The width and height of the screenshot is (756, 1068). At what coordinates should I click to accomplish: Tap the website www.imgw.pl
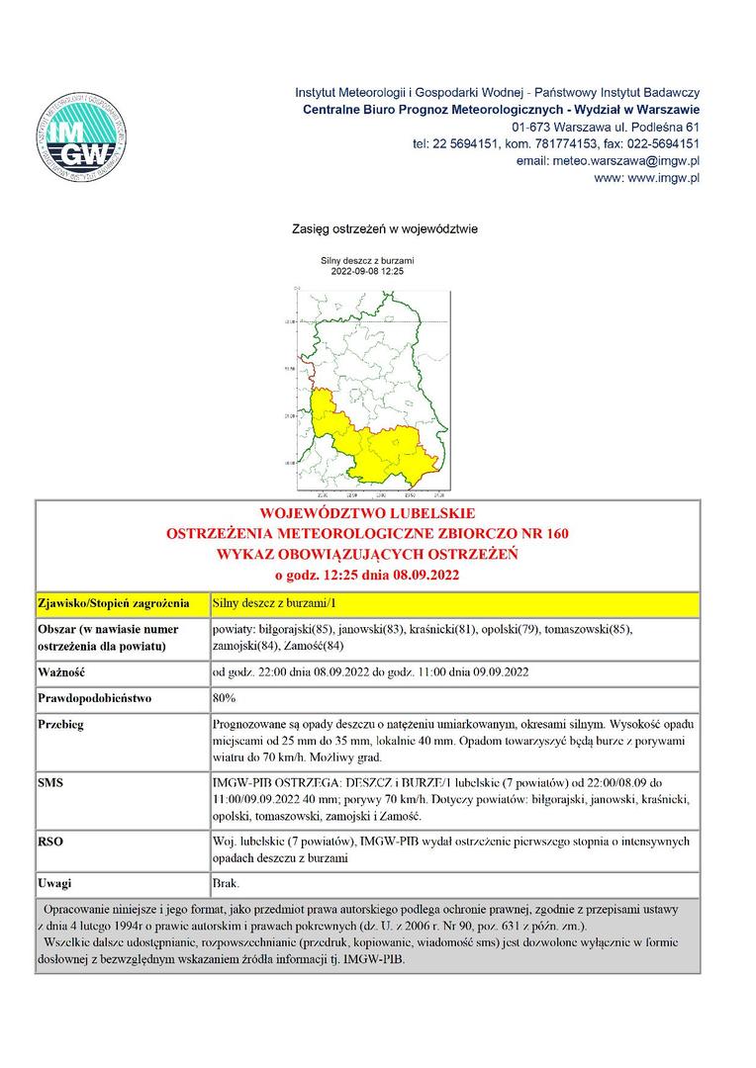(647, 178)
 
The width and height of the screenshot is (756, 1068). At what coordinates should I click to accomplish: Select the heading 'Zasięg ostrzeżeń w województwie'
(385, 229)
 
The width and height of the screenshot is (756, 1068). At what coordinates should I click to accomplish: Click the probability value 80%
(224, 698)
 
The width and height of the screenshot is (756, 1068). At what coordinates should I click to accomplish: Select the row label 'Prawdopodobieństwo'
(94, 698)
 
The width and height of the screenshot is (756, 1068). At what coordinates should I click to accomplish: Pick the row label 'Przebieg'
(62, 724)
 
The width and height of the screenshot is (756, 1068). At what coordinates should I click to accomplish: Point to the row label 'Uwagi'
(54, 882)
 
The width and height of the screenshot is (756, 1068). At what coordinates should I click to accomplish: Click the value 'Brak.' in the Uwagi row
(226, 882)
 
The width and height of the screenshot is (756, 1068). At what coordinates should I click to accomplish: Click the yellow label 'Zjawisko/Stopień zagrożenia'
(113, 602)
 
